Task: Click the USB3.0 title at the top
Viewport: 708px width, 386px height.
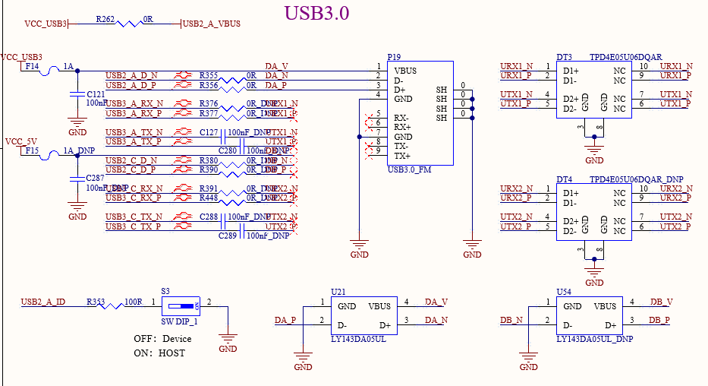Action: pos(316,13)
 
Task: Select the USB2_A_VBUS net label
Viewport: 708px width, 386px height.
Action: pos(212,24)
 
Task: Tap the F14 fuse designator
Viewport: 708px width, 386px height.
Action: pos(32,67)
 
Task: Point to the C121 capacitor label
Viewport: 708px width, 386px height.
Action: pos(96,93)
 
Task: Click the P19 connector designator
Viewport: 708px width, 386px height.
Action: pos(394,57)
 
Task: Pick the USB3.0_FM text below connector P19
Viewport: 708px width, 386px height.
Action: pos(409,169)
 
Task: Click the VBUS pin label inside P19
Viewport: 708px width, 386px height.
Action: pos(405,71)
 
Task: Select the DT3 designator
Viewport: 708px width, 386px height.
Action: pos(564,57)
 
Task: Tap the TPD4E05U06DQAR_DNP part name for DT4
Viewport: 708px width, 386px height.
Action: pos(631,179)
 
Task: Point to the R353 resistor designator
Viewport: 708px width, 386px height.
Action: pos(96,302)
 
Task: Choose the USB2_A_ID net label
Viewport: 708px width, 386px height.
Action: pos(43,302)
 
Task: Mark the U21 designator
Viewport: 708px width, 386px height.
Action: pos(338,292)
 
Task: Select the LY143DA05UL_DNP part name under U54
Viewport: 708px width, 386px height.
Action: pos(595,339)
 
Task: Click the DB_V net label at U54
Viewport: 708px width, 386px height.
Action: pos(661,302)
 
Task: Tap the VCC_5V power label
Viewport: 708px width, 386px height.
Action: pos(20,141)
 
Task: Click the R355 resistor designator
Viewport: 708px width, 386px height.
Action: pos(209,75)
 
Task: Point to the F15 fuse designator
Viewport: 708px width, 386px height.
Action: pos(32,151)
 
